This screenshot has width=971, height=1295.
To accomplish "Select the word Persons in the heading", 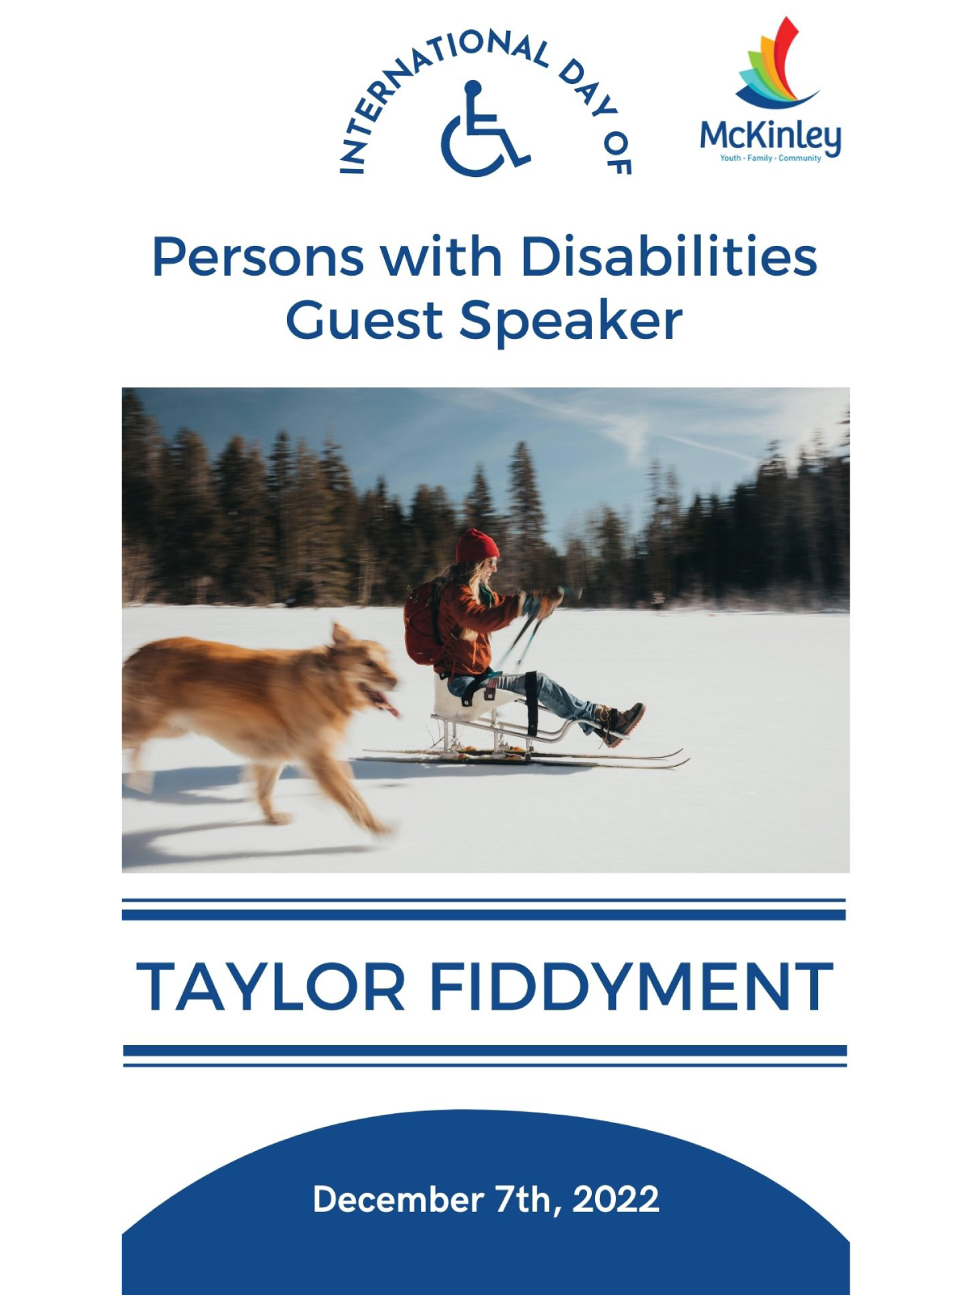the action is (x=258, y=258).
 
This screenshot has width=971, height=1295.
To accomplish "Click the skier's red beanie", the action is (x=476, y=546).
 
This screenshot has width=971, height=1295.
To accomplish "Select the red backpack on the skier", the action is (x=424, y=621).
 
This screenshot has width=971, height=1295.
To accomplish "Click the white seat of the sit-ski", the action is (x=466, y=698).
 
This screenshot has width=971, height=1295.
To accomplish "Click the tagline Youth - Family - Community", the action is (x=770, y=158).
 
